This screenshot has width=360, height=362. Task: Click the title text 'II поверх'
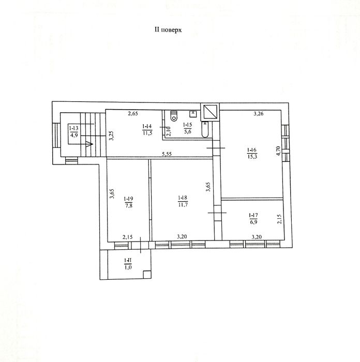click(x=168, y=30)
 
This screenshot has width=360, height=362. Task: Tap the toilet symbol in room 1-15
click(x=174, y=116)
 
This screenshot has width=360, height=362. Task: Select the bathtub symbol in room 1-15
click(x=205, y=129)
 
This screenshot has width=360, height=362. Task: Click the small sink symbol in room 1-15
click(x=192, y=113)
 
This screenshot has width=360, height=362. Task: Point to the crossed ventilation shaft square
click(x=209, y=112)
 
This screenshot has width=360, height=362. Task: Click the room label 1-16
click(x=252, y=150)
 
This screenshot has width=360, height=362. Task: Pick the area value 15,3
click(x=252, y=157)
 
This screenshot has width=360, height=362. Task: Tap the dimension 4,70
click(x=278, y=151)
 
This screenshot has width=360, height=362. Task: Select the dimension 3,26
click(x=259, y=114)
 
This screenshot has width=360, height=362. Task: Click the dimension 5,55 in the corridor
click(x=167, y=154)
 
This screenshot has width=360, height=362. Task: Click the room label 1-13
click(x=73, y=129)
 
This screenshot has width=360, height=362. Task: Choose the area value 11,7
click(x=183, y=205)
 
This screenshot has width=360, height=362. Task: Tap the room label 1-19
click(x=128, y=199)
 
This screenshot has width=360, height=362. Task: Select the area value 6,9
click(x=253, y=222)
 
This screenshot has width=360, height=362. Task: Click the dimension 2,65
click(x=133, y=114)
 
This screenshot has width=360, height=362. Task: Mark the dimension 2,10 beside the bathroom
click(x=168, y=131)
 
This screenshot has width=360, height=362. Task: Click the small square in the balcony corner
click(x=147, y=275)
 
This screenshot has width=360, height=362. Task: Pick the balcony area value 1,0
click(x=128, y=267)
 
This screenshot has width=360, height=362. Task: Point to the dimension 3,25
click(x=112, y=135)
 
